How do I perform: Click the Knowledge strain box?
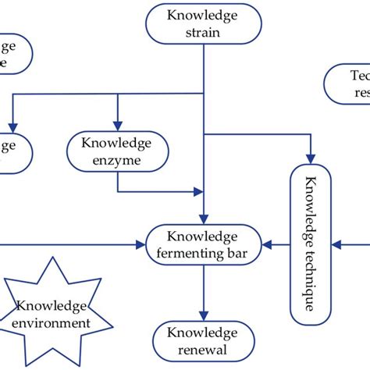click(x=203, y=23)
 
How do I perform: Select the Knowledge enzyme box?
click(x=116, y=151)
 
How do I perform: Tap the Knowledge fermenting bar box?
click(x=203, y=245)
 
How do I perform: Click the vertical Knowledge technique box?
click(x=310, y=244)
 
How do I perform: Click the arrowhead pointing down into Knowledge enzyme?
click(x=117, y=126)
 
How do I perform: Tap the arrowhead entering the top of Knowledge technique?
click(x=310, y=159)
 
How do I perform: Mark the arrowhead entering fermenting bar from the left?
click(x=143, y=245)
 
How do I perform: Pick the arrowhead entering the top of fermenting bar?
click(x=203, y=220)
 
